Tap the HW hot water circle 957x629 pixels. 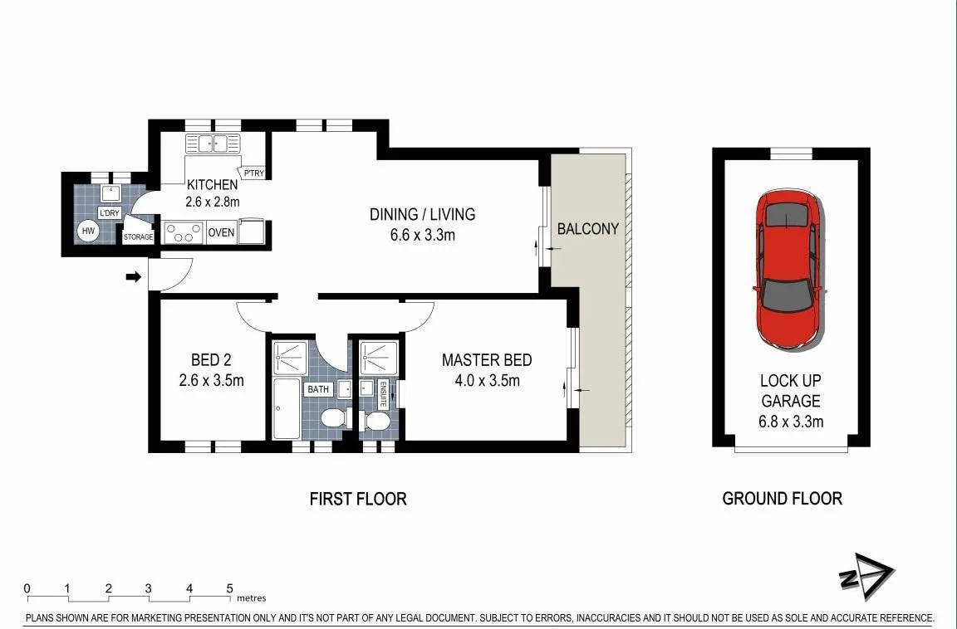[x=88, y=231]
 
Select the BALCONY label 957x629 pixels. [x=587, y=228]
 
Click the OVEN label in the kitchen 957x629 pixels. [x=221, y=233]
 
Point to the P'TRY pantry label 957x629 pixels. [x=252, y=173]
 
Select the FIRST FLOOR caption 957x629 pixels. [x=358, y=499]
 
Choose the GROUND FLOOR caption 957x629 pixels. [x=782, y=499]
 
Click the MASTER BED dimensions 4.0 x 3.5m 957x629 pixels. [x=486, y=381]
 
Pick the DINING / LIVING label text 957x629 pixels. [x=423, y=214]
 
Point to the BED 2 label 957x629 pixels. [x=211, y=360]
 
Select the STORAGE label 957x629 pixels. [x=138, y=237]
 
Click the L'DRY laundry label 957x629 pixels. [x=110, y=213]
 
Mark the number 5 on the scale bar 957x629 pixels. [x=229, y=588]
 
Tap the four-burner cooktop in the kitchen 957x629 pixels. [x=184, y=232]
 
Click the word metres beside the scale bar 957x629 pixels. [x=252, y=597]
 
